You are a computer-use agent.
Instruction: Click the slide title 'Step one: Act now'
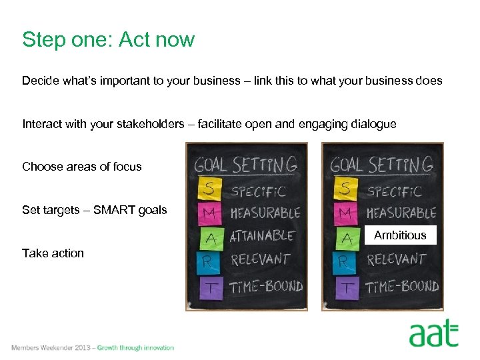[108, 40]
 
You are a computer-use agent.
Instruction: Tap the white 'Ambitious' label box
[400, 235]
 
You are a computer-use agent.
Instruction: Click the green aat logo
[433, 333]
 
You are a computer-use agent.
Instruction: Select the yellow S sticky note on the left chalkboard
[210, 190]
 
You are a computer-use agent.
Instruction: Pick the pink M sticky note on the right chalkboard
[345, 213]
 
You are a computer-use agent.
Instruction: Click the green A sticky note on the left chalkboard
[210, 238]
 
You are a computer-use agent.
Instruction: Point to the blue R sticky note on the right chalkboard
[345, 261]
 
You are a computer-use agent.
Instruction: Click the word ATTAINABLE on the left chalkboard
[262, 236]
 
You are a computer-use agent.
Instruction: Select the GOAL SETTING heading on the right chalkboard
[382, 163]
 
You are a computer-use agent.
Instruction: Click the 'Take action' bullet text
[53, 253]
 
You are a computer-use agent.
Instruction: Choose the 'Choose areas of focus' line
[82, 167]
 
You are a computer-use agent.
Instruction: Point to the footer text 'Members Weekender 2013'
[51, 348]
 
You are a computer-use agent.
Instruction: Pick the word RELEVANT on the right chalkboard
[396, 259]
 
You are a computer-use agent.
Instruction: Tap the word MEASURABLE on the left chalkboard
[265, 213]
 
